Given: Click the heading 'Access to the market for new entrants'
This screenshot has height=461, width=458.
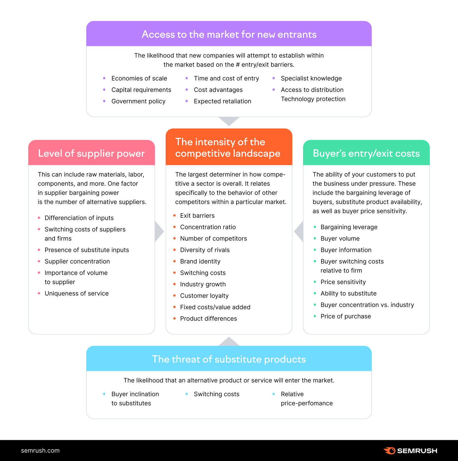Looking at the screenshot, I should click(x=229, y=34).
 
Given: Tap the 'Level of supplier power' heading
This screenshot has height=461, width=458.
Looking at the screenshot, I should click(x=91, y=153).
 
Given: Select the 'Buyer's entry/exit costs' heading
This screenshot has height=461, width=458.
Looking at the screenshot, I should click(x=366, y=153).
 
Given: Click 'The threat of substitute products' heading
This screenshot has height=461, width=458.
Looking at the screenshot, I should click(x=229, y=359).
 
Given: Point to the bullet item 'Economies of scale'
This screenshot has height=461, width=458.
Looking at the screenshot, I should click(x=139, y=78).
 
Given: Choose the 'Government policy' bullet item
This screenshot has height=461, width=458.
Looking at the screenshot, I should click(x=138, y=101).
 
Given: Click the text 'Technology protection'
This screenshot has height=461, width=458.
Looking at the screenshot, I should click(x=313, y=99).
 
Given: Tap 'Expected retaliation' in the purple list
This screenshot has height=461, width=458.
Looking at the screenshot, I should click(x=222, y=101).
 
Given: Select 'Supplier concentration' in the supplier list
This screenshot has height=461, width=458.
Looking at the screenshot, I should click(x=77, y=261).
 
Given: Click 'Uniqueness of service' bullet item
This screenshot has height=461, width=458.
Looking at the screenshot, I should click(x=76, y=293).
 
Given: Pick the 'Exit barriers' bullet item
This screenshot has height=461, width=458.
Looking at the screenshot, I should click(x=197, y=216).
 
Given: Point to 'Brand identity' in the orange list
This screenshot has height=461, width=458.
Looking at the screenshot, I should click(x=200, y=261).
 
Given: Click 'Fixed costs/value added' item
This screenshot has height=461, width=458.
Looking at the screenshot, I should click(x=215, y=307).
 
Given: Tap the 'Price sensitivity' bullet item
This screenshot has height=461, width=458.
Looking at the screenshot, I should click(x=343, y=282).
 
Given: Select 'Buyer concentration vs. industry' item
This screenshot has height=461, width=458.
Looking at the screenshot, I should click(x=367, y=305).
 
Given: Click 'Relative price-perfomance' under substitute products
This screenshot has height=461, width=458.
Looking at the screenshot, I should click(x=306, y=399).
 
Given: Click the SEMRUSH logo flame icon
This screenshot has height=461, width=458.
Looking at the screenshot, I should click(x=389, y=451).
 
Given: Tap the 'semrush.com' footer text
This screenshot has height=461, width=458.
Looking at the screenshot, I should click(x=40, y=451).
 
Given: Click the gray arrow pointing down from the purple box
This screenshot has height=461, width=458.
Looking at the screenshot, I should click(x=229, y=121).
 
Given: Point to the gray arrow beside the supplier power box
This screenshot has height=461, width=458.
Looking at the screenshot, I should click(x=159, y=231).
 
